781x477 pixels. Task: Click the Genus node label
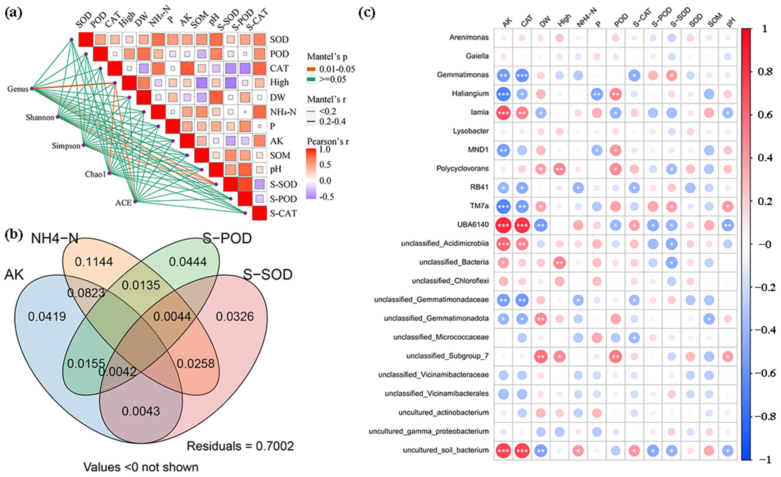18,89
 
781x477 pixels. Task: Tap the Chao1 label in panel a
95,174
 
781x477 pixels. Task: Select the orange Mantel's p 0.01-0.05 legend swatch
311,69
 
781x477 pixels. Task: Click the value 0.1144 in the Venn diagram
94,262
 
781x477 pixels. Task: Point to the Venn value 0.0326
235,316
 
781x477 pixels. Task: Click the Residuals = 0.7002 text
240,446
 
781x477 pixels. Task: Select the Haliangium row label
470,94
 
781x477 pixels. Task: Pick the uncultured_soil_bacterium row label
446,450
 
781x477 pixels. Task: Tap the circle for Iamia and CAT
522,113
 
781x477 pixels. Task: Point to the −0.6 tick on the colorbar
764,373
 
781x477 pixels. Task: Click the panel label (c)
367,13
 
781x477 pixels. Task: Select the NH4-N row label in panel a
283,112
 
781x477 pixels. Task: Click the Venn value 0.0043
141,411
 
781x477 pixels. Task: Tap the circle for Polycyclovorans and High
559,169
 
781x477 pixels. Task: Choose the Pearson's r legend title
328,141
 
